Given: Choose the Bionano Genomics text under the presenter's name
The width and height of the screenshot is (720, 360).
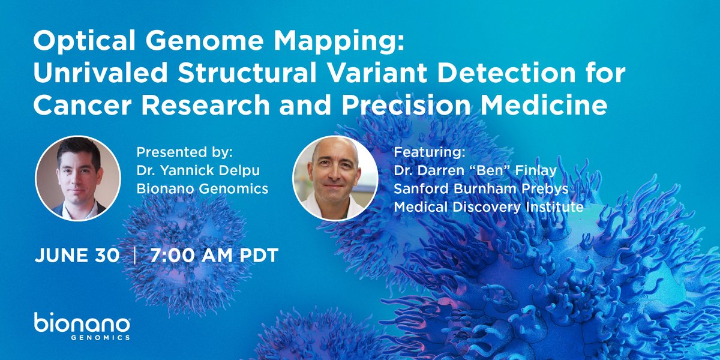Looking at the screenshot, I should click(x=202, y=189).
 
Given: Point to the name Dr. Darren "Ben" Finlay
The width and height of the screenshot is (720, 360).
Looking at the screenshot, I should click(x=475, y=170).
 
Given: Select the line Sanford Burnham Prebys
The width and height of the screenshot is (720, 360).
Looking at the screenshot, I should click(x=480, y=189).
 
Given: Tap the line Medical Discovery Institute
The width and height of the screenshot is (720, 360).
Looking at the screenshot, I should click(x=488, y=208).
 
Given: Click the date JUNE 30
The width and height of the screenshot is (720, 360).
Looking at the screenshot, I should click(x=77, y=255).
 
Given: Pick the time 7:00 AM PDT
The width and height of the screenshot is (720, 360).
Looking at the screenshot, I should click(x=214, y=255).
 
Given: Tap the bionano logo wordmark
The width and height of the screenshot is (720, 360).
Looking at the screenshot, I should click(x=82, y=325).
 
